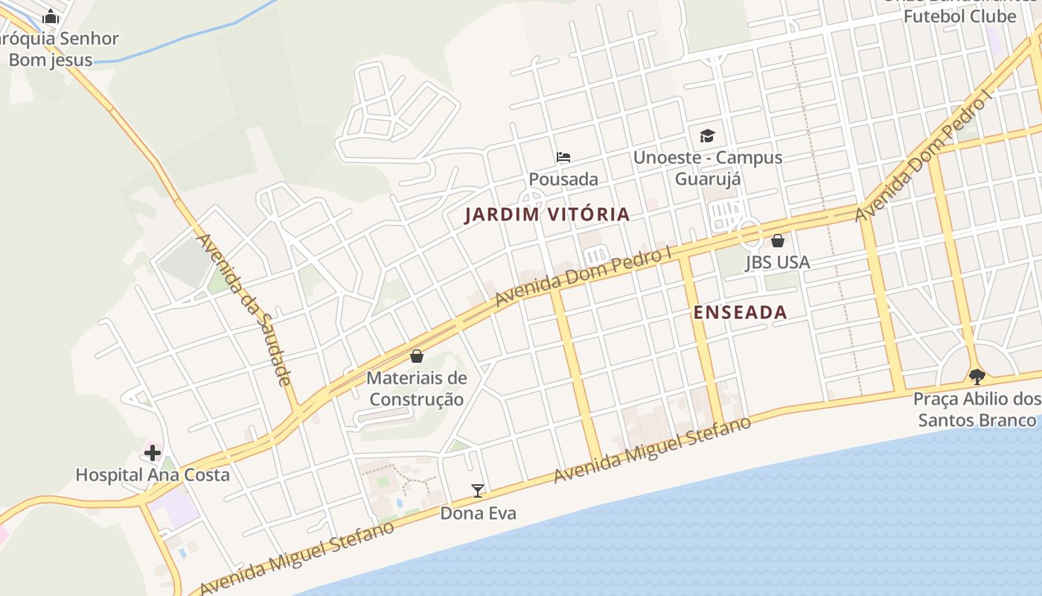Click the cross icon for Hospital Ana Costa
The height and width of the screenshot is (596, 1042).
153,453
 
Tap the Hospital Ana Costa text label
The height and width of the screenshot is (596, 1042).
153,475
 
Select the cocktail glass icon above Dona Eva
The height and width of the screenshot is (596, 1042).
478,491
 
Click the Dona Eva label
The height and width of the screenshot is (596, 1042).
478,513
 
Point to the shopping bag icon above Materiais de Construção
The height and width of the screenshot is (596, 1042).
417,356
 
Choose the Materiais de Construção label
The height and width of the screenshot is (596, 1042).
417,388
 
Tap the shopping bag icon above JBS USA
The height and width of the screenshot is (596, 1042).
778,241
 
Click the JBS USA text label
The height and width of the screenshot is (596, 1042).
778,262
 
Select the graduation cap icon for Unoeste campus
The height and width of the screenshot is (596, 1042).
707,136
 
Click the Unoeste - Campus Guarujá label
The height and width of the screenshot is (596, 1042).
707,168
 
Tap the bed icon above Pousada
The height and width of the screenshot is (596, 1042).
563,157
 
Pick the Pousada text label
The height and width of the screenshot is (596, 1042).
563,179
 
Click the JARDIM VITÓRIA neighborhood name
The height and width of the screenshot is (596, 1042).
547,215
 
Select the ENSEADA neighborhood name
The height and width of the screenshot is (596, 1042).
740,312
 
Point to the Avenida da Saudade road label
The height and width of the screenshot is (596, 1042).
244,309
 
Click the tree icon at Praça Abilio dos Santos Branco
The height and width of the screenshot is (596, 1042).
977,377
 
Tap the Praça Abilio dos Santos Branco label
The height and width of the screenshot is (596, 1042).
977,410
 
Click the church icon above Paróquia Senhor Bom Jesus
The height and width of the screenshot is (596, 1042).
51,16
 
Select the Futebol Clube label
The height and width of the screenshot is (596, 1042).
959,16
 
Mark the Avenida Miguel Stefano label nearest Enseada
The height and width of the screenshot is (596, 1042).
653,450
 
